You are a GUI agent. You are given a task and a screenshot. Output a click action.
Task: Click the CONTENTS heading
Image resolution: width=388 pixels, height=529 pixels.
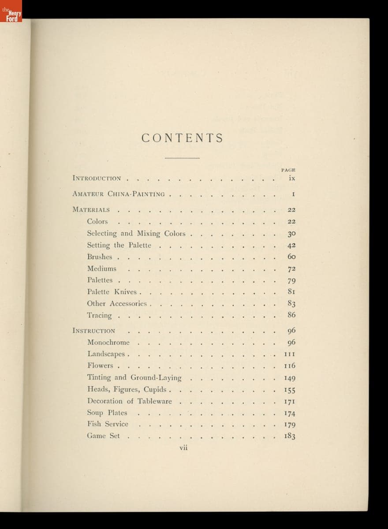point(182,138)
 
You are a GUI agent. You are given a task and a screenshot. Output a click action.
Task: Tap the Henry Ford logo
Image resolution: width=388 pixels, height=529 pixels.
point(11,11)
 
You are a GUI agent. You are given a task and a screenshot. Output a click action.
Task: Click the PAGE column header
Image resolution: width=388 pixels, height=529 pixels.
point(288,169)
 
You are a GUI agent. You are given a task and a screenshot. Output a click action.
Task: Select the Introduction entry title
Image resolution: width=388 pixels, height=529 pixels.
point(97,179)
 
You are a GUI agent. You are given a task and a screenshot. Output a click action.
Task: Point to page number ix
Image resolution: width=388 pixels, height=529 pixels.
point(291,179)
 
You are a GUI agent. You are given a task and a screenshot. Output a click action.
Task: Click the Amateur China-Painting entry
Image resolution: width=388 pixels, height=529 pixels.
point(119,194)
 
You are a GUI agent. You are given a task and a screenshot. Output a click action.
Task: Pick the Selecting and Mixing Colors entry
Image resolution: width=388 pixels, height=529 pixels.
point(136,234)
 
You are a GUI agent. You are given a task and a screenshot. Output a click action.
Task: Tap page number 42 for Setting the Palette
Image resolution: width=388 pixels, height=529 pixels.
point(291,246)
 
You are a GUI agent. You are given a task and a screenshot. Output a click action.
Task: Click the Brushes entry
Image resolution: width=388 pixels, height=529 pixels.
point(100,257)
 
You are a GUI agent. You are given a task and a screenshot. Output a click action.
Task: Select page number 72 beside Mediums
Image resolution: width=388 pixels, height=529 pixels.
point(291,269)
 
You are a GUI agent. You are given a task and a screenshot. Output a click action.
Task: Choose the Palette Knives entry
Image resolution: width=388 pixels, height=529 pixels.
point(112,292)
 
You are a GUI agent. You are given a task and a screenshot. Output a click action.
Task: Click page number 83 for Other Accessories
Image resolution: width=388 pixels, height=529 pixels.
point(291,304)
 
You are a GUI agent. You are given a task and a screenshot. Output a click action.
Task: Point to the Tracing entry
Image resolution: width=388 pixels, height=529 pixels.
point(99,316)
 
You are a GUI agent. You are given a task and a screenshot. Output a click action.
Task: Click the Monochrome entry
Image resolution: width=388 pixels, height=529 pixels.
point(108,343)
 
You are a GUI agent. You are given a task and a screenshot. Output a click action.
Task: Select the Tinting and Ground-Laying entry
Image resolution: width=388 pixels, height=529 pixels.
point(134,378)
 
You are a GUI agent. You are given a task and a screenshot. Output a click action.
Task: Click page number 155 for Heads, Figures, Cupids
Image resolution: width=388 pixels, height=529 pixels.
point(290,390)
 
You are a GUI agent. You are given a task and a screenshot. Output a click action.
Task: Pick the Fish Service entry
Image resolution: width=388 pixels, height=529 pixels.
point(108,424)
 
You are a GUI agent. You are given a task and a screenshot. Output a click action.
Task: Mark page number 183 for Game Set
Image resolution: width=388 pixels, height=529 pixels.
point(290,436)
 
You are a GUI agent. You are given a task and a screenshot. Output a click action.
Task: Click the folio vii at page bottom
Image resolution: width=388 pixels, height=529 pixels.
point(184,447)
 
